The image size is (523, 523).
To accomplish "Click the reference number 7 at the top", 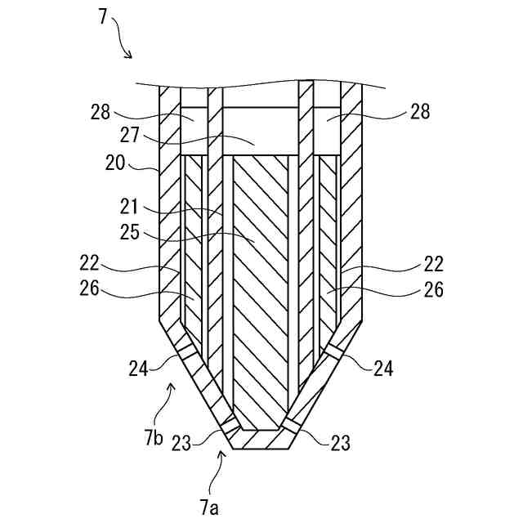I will click(x=103, y=16).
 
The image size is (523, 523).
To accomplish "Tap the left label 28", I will click(x=101, y=113).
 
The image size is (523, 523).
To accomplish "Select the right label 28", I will click(x=420, y=112).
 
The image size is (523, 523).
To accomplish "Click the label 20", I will click(x=114, y=162).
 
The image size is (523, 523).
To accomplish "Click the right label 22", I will click(x=434, y=264).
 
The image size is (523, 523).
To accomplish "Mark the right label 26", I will click(x=434, y=288).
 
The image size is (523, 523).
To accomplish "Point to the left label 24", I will click(x=137, y=369).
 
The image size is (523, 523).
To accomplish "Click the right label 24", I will click(x=383, y=369).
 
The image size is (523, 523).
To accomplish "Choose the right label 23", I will click(x=340, y=442).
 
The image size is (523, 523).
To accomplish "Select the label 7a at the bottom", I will click(x=209, y=508).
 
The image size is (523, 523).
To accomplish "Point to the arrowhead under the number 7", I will click(x=128, y=55).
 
